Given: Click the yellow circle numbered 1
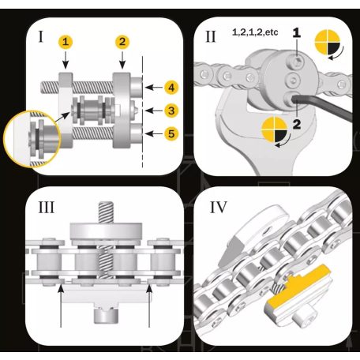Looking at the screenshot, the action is pos(66,42).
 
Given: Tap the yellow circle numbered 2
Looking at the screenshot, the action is pos(122,42).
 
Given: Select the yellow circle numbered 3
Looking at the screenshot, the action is pos(171,111).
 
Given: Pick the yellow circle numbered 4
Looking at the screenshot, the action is pos(171,88).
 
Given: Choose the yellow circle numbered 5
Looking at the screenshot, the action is pos(171,133).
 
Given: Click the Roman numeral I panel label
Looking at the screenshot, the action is pos(41,36).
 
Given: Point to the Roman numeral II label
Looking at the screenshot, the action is pos(210,36).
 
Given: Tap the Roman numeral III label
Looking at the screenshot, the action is pos(47,208).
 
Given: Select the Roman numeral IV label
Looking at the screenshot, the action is pos(219,208).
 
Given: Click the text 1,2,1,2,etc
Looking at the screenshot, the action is pos(255,32).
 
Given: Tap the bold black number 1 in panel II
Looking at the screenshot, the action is pos(297,32).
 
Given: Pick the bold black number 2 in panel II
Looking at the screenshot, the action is pos(297,124).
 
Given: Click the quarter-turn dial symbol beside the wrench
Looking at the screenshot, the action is pos(274,130).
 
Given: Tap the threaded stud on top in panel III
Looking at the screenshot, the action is pos(106,212).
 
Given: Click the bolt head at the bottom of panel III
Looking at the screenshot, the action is pos(106,315).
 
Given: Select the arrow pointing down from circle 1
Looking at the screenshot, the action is pos(66,60).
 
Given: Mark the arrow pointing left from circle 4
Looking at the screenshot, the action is pos(154,88).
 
